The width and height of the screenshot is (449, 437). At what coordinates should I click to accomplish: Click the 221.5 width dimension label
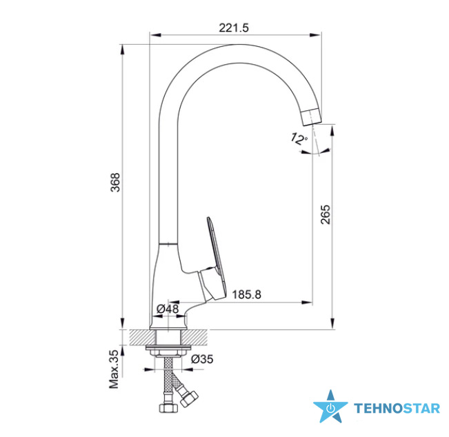coord(234,28)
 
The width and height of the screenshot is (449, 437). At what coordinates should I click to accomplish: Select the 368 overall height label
coord(115,182)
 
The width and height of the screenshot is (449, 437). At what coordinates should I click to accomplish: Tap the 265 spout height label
coord(326,214)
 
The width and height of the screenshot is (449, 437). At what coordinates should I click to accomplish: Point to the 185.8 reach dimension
coord(246,294)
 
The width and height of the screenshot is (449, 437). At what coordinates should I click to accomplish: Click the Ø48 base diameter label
coord(168,309)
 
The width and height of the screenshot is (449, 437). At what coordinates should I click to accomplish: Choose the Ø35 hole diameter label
coord(202,359)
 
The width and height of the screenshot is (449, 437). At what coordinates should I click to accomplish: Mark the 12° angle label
coord(299,139)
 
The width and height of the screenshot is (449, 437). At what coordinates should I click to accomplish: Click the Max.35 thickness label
coord(114,369)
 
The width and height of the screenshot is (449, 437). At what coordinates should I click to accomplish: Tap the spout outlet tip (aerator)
coord(312,116)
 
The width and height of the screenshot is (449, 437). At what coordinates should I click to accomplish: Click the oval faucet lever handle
coord(217,258)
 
